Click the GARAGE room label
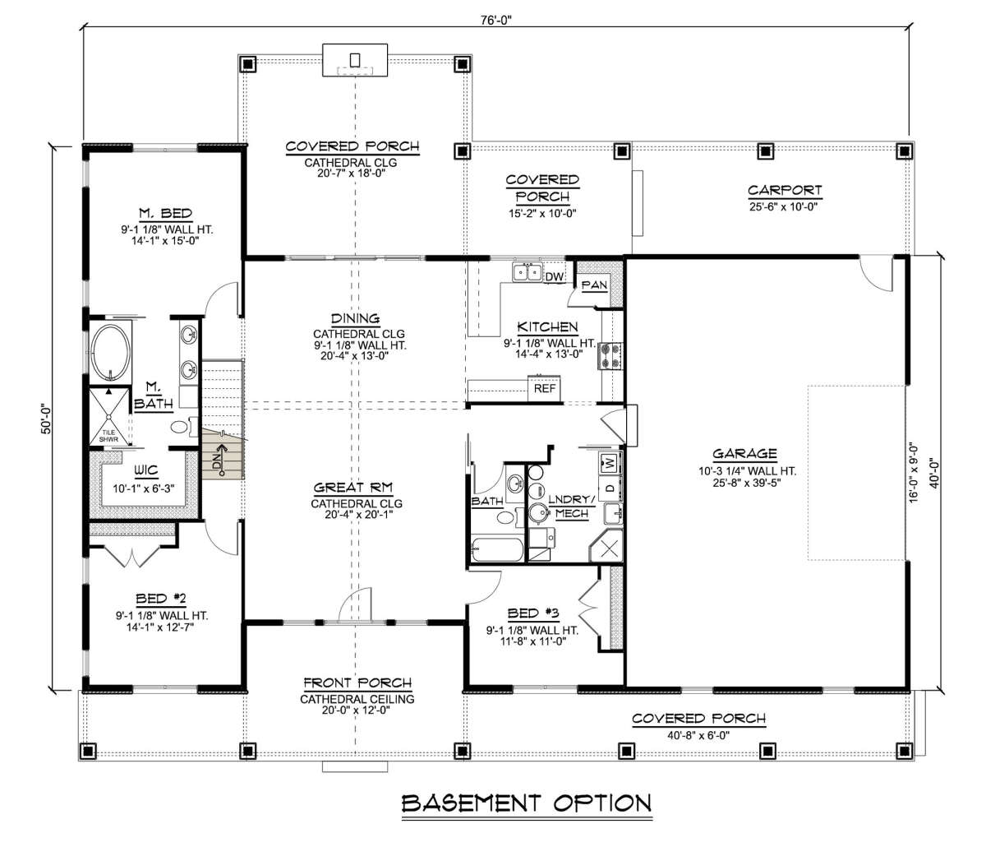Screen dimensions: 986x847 click(x=744, y=453)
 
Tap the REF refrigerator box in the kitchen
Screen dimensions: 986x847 click(x=544, y=389)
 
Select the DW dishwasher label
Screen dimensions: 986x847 click(x=555, y=276)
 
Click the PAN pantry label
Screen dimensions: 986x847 click(x=594, y=285)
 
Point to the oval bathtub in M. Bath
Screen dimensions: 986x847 click(x=110, y=353)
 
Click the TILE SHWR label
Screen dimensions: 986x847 click(x=108, y=436)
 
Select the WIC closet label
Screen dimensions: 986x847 click(x=146, y=470)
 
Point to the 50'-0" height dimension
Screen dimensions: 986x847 click(x=47, y=419)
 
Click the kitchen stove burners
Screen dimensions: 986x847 click(x=610, y=356)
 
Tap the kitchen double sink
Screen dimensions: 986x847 click(x=528, y=272)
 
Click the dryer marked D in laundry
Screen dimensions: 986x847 click(x=610, y=488)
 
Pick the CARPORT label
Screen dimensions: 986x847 click(x=785, y=190)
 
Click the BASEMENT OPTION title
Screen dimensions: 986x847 click(x=527, y=803)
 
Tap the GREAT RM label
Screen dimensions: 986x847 click(x=353, y=488)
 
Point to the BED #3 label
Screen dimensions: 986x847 click(x=532, y=613)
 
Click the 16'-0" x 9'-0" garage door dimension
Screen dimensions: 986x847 click(x=914, y=471)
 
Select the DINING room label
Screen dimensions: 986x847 click(x=356, y=318)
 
